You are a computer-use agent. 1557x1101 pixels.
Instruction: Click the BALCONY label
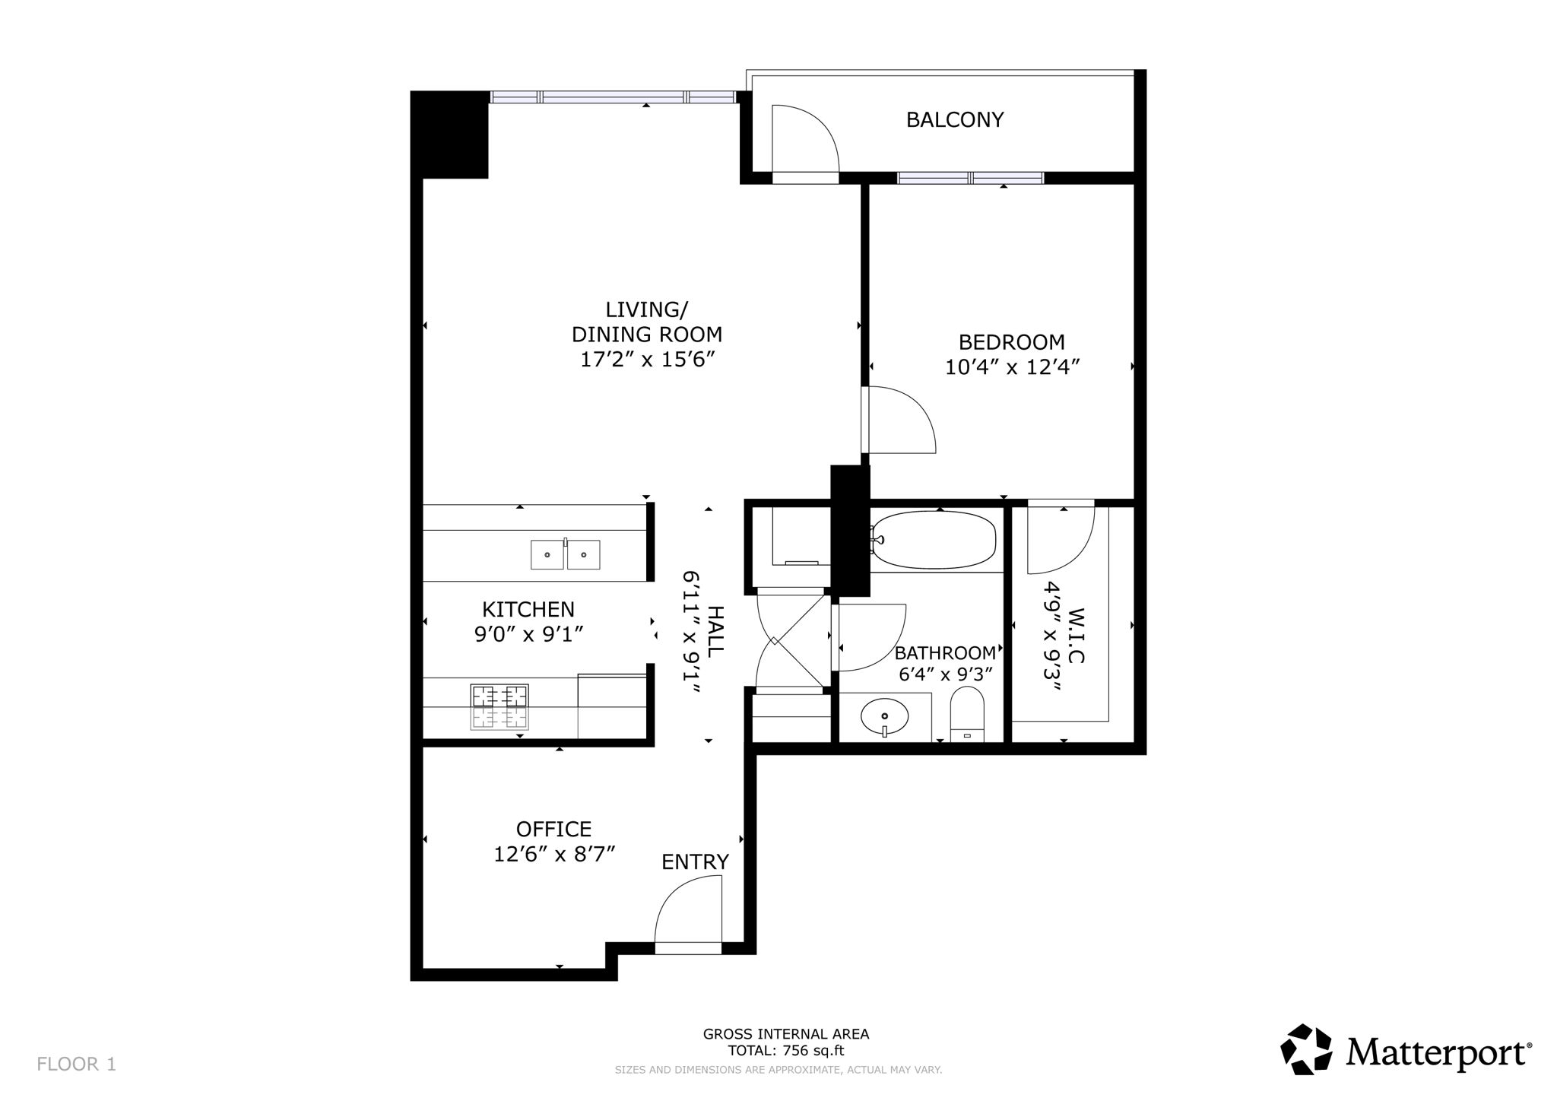tap(954, 120)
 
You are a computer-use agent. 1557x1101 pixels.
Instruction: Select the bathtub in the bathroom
tap(934, 540)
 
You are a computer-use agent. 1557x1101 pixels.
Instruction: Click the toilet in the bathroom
tap(967, 715)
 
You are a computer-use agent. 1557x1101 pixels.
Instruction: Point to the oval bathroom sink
tap(884, 716)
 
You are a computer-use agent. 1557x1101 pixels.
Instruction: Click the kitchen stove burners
tap(499, 707)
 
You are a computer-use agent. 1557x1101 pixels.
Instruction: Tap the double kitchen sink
tap(565, 554)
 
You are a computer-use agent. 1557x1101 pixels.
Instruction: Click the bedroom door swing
tap(899, 420)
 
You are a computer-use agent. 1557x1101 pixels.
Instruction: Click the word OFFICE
tap(553, 829)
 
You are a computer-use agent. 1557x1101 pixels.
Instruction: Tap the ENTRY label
tap(695, 862)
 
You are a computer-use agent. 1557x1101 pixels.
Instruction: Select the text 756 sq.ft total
tap(786, 1052)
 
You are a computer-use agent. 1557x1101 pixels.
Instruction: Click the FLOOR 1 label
tap(76, 1064)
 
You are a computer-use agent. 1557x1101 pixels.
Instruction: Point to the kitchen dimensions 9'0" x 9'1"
tap(528, 634)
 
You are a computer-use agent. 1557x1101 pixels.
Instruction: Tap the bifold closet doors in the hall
tap(791, 641)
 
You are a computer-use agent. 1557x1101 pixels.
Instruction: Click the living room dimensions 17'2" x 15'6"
tap(646, 360)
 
